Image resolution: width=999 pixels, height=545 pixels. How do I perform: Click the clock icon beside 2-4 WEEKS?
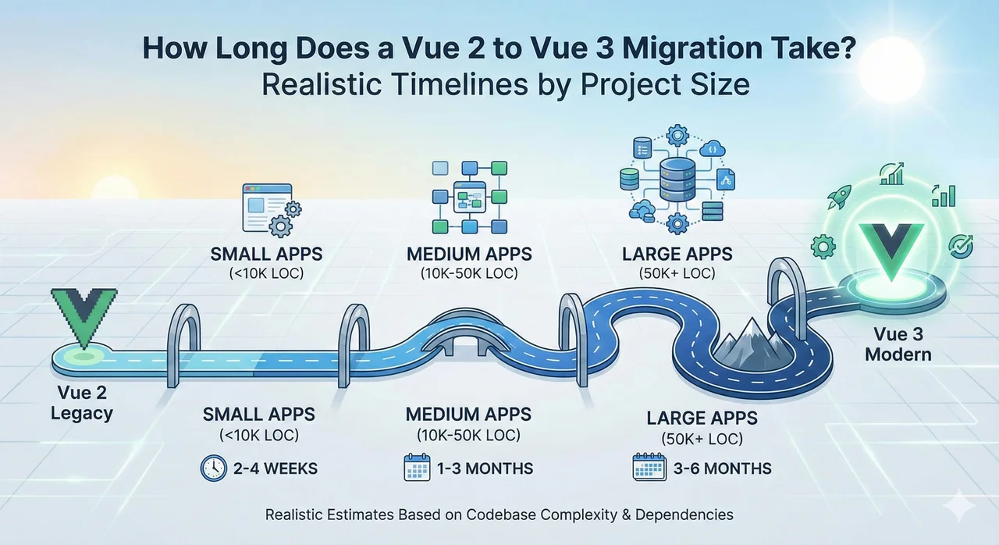pos(212,468)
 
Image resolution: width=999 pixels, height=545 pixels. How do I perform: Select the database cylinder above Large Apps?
pos(676,177)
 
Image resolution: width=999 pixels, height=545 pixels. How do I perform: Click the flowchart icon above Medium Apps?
pos(469,196)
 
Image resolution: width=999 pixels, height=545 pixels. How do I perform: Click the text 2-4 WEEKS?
pos(274,469)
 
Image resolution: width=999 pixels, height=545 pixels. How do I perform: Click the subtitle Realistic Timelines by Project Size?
pos(505,84)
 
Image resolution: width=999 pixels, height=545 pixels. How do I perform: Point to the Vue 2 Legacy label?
pos(82,403)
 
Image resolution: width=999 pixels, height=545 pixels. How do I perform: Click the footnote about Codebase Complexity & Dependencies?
pos(499,515)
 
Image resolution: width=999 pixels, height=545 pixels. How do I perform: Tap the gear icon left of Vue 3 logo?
pos(823,248)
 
